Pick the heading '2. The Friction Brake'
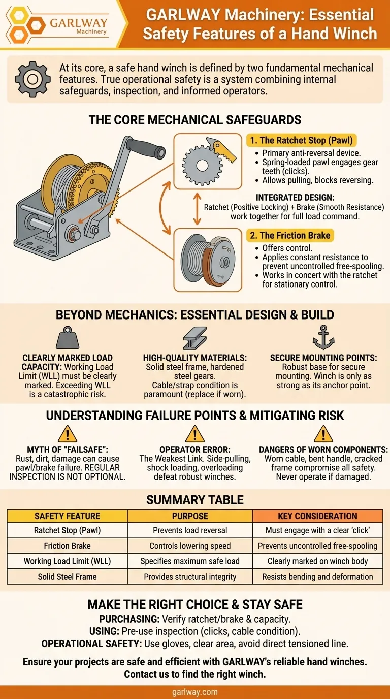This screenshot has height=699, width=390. click(x=290, y=235)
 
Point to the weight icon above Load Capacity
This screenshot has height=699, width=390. click(x=68, y=337)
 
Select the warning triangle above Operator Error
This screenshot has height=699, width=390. click(x=195, y=433)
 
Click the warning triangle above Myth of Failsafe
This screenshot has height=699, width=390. click(x=68, y=433)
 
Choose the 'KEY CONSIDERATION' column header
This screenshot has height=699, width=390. click(x=317, y=516)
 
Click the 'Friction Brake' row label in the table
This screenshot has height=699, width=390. click(x=67, y=546)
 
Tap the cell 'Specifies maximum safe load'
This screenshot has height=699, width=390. click(x=190, y=561)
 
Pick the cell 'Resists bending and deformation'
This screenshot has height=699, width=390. click(x=317, y=577)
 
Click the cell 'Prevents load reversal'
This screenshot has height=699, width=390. click(x=190, y=530)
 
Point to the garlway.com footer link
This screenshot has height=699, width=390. click(x=195, y=692)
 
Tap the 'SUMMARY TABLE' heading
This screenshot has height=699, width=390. click(x=195, y=500)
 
